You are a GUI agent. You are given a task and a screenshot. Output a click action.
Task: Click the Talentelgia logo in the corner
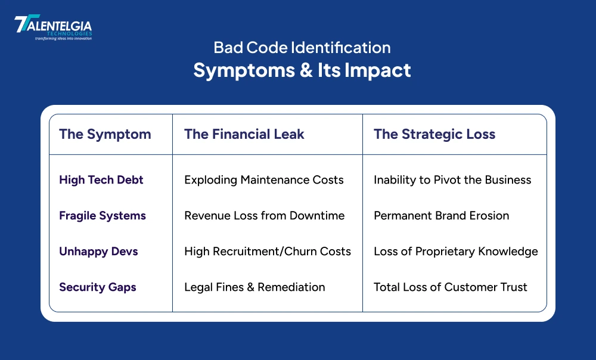(53, 28)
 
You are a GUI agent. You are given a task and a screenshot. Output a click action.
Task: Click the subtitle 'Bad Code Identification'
(302, 48)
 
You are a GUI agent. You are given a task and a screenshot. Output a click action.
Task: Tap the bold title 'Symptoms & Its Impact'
(302, 70)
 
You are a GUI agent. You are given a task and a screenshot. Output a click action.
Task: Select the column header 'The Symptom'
(105, 134)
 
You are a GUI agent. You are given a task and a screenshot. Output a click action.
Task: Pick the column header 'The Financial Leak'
(244, 134)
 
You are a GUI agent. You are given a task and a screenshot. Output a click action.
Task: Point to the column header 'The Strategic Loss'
(434, 134)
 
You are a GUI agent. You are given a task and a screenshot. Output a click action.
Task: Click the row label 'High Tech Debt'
(101, 180)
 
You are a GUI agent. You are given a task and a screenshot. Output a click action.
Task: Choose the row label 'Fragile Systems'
(103, 216)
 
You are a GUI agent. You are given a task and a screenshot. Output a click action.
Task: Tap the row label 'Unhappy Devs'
(98, 252)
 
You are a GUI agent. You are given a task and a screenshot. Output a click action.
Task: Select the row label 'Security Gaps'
(98, 287)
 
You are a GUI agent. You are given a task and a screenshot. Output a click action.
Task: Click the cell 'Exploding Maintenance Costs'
(264, 180)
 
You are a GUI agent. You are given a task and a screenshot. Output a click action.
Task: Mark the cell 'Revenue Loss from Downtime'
(265, 216)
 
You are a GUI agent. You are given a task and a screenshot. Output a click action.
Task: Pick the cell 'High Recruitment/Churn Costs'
(268, 252)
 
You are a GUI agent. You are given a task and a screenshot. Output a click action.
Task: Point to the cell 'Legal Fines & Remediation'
(254, 287)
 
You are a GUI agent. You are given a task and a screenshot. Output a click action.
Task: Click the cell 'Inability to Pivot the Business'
(452, 180)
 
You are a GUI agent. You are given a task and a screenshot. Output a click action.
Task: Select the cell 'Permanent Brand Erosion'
(442, 216)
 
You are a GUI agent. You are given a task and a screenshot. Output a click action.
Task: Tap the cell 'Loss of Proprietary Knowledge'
(456, 252)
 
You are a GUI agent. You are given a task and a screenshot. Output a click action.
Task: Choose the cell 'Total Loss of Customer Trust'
(451, 287)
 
